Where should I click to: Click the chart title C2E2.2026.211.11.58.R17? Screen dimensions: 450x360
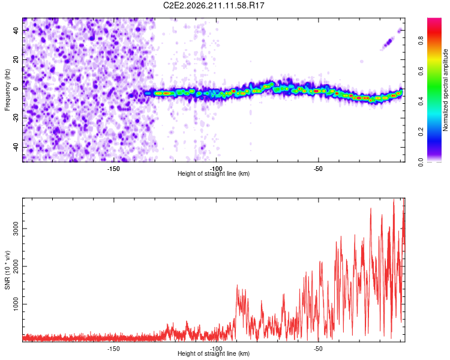pos(214,5)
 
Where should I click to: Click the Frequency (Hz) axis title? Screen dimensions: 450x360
pos(7,90)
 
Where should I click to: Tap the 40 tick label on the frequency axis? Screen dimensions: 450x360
pos(16,30)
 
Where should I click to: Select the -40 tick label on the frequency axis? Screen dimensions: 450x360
pos(16,148)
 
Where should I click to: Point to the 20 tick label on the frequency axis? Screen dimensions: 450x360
pos(16,59)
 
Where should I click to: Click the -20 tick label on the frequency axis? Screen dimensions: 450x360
pos(16,118)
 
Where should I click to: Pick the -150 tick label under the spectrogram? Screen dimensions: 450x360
pos(113,169)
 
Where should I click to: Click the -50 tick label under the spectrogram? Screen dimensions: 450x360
pos(318,169)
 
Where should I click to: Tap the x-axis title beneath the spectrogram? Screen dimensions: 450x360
pos(214,173)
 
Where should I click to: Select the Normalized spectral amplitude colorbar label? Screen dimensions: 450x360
pos(445,90)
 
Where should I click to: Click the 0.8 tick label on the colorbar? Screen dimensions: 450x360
pos(421,41)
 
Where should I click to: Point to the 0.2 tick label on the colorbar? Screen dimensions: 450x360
pos(421,132)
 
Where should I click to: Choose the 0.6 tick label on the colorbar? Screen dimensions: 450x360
pos(421,71)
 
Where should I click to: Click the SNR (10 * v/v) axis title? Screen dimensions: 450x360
pos(7,270)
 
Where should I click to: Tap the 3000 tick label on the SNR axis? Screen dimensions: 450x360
pos(16,229)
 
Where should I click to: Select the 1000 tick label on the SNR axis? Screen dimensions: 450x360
pos(16,304)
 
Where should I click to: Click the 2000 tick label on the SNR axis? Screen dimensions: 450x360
pos(16,266)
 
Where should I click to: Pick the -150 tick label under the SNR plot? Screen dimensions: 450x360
pos(113,349)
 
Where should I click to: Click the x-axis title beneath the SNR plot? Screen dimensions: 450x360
pos(214,353)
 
